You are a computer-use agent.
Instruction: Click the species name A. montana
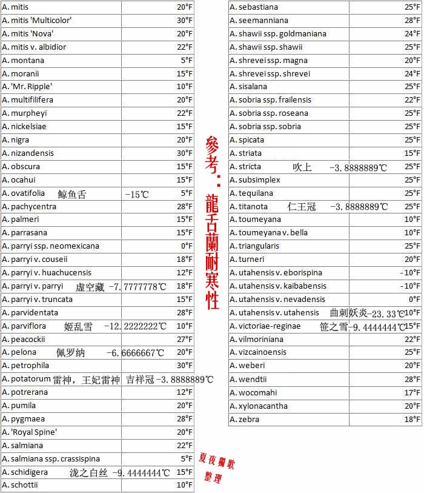(x=23, y=61)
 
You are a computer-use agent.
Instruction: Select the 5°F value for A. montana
(x=187, y=61)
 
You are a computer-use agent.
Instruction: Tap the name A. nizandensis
(x=28, y=153)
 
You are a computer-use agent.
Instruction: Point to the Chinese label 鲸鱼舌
(x=72, y=195)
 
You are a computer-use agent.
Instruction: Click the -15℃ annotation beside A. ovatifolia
(x=136, y=195)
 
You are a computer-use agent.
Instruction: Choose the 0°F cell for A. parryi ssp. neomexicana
(x=187, y=246)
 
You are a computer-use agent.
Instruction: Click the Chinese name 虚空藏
(x=90, y=287)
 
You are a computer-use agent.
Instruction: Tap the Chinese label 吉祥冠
(x=139, y=380)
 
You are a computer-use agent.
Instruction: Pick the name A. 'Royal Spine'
(x=30, y=432)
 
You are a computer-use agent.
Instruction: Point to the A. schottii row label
(x=20, y=485)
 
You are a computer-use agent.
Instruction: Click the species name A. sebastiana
(x=254, y=7)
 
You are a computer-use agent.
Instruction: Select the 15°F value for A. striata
(x=412, y=153)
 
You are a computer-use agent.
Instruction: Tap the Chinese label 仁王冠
(x=302, y=207)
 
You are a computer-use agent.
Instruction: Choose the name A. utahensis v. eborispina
(x=276, y=273)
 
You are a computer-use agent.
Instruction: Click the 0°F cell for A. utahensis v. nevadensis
(x=414, y=300)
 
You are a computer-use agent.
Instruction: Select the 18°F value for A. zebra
(x=412, y=420)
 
